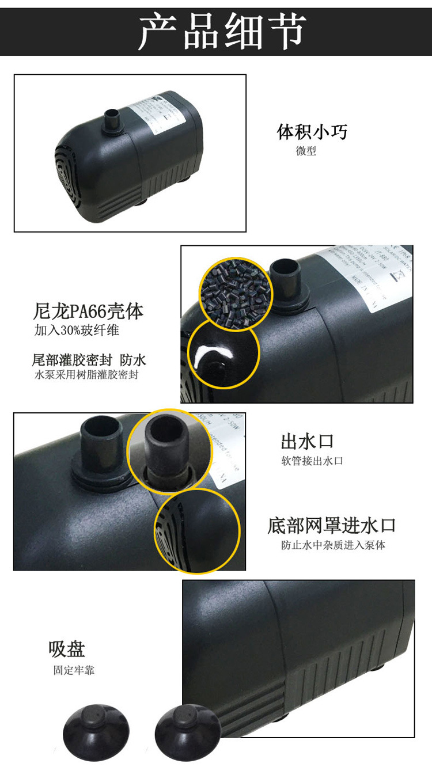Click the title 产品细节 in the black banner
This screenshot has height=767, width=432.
tap(222, 31)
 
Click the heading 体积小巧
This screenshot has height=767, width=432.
tap(313, 132)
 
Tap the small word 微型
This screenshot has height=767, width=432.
tap(306, 152)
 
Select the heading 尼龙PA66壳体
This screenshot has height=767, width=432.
tap(88, 312)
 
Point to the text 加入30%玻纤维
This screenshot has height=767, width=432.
tap(77, 331)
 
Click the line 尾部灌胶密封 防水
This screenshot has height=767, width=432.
tap(89, 360)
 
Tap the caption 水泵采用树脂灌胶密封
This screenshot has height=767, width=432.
tap(86, 375)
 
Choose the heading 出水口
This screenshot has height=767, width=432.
tap(307, 442)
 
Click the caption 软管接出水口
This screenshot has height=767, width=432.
tap(312, 461)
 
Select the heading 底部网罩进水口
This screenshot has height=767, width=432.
tap(332, 525)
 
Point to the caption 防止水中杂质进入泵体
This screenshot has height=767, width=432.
tap(333, 545)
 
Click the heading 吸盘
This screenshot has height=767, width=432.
tap(67, 649)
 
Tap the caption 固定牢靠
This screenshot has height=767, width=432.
tap(74, 670)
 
